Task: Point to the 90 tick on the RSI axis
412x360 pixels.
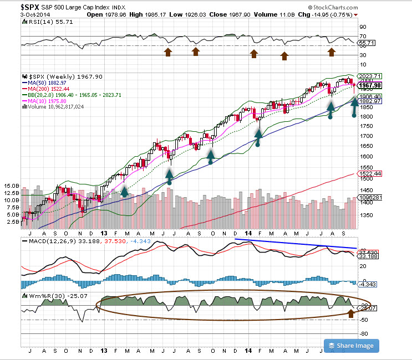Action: click(x=363, y=27)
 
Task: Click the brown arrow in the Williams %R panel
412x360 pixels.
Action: click(x=350, y=313)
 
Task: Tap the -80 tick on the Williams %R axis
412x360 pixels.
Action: click(x=365, y=333)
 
